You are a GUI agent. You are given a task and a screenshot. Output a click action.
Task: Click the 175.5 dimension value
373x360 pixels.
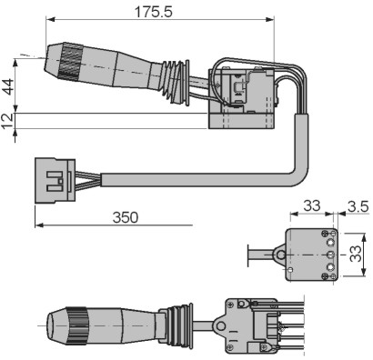pos(154,12)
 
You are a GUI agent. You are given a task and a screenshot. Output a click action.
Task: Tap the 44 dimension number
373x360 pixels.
pos(8,86)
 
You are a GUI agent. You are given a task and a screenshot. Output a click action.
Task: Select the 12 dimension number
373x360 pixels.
pos(8,121)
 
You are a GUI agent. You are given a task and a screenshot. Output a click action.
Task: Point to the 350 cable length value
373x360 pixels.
pos(126,217)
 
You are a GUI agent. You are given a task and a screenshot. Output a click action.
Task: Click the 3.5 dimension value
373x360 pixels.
pos(358,207)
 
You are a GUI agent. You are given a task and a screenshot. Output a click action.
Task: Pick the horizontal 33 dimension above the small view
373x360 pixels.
pos(312,206)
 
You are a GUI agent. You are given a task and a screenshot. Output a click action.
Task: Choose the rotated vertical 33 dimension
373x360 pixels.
pos(356,254)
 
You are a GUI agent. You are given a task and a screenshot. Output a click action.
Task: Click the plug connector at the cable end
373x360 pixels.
pos(55,180)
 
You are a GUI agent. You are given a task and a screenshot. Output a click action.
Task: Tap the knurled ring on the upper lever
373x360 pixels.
pos(70,62)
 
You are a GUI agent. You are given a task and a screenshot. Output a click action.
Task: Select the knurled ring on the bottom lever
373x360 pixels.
pos(77,326)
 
